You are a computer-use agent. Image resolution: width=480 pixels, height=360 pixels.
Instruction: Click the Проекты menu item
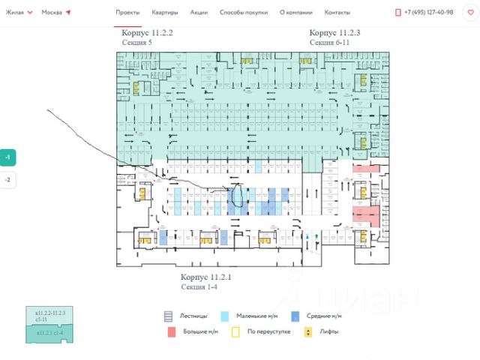point(128,13)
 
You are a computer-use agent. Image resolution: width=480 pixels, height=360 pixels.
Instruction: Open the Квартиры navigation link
point(164,13)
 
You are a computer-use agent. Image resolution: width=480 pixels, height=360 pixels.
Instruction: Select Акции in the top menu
point(199,13)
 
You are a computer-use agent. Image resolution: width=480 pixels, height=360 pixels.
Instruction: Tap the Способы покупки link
point(243,13)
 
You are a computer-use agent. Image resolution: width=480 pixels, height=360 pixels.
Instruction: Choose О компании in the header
point(295,13)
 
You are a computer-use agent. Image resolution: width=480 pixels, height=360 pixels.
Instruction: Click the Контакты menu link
point(337,13)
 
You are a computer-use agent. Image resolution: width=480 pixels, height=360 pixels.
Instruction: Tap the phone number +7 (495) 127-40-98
point(427,13)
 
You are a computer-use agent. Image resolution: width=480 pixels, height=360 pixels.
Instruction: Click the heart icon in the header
point(470,13)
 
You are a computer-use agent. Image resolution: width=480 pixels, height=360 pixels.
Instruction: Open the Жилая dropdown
point(19,13)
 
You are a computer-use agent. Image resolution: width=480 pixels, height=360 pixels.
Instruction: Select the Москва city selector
point(56,13)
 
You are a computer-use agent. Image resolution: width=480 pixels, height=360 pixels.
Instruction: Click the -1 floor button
point(7,158)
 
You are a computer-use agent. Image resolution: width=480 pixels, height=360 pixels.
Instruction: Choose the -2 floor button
point(7,180)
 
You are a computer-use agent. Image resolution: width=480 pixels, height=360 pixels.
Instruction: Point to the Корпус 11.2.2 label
point(147,34)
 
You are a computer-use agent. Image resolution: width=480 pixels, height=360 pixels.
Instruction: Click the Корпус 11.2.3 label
point(334,34)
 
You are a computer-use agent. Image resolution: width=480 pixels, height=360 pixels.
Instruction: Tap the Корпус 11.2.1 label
point(206,277)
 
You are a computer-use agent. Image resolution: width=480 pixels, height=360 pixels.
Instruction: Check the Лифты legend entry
point(322,331)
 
